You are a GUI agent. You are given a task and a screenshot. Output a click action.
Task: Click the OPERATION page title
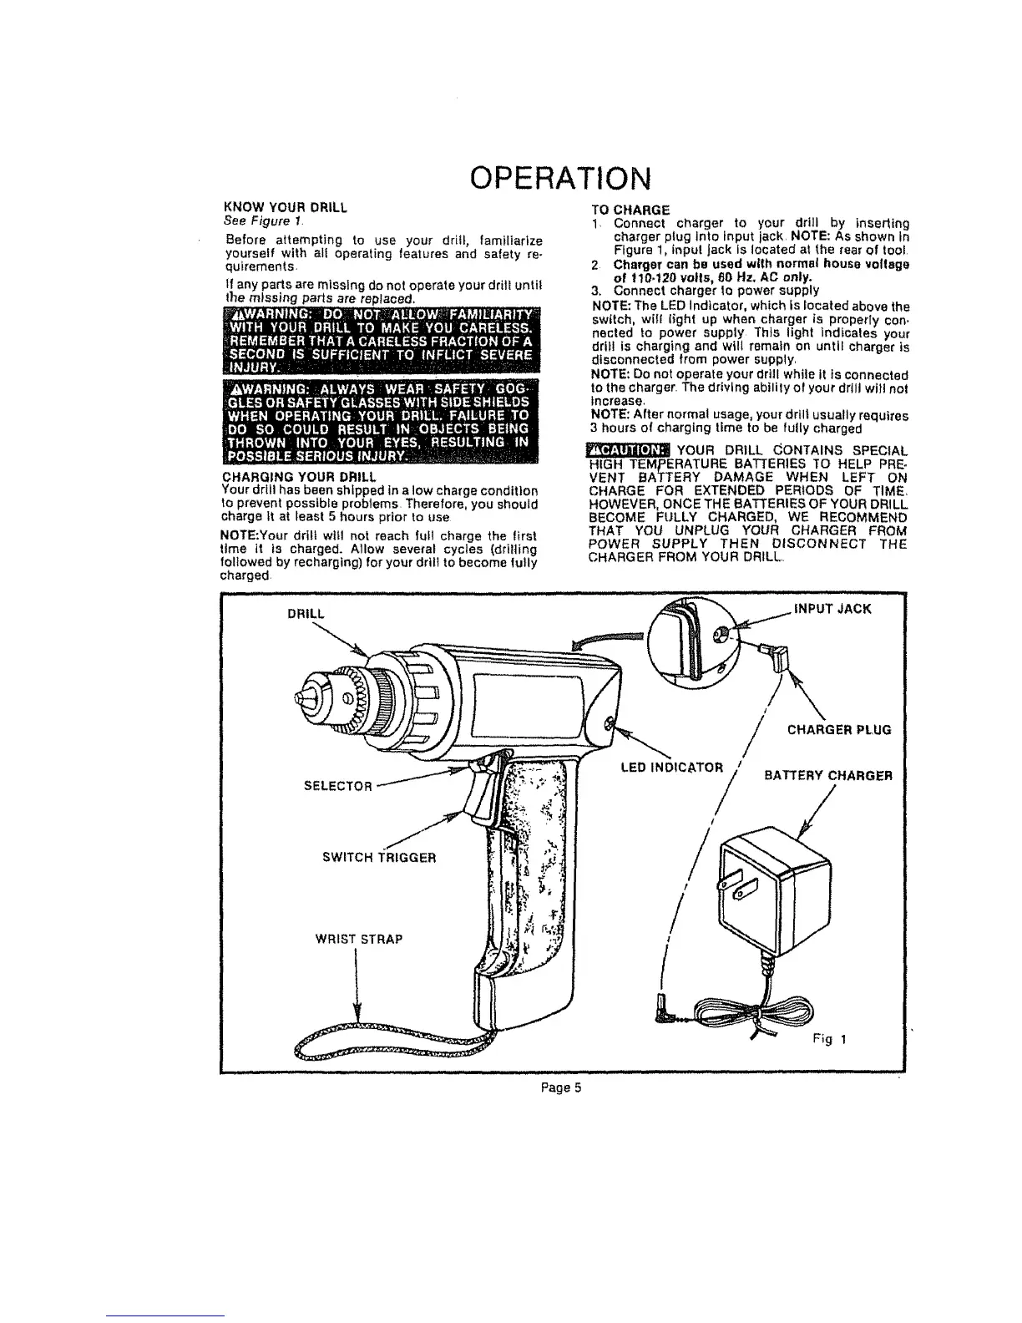coord(559,178)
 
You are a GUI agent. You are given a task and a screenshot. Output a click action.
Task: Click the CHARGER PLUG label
coord(839,729)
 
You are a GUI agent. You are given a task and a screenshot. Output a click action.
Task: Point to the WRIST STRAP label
coord(359,939)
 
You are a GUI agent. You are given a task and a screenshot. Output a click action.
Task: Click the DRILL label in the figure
coord(305,613)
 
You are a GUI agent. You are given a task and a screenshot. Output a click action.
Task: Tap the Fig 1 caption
coord(831,1040)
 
